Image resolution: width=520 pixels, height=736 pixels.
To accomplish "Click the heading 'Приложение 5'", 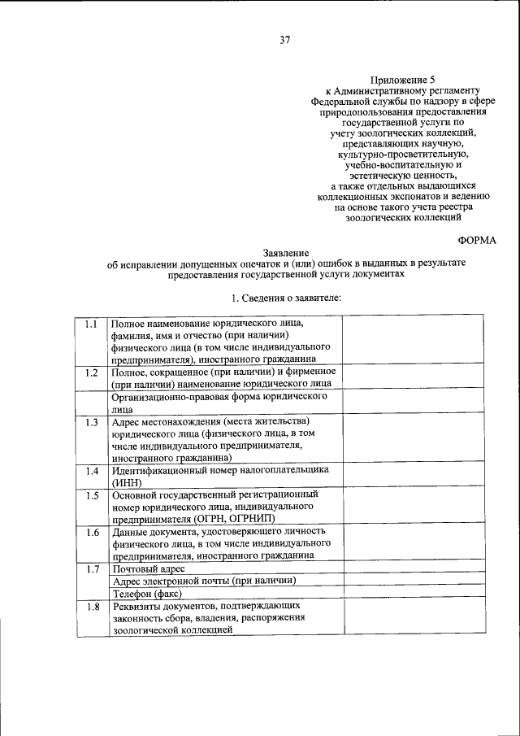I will [x=397, y=79].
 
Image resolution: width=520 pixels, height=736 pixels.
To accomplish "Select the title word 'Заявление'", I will [x=286, y=253].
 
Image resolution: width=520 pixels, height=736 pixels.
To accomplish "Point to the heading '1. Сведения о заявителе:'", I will [x=287, y=299].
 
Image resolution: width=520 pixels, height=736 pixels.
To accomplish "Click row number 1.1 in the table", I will [x=92, y=324].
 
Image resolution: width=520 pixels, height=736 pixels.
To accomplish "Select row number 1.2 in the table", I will [x=92, y=372].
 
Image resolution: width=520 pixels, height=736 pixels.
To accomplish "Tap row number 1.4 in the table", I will [x=92, y=472].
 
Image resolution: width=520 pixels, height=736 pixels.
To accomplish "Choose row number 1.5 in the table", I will [x=92, y=495].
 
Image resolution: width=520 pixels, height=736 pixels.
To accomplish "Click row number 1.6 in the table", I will [x=92, y=533].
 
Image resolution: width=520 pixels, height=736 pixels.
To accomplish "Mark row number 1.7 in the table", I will [x=92, y=568].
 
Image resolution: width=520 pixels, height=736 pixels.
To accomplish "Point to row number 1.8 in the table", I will [x=92, y=607].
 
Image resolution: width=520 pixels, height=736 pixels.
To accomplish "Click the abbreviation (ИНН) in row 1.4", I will [x=129, y=482].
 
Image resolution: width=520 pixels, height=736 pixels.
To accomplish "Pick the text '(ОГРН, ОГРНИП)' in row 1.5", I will [x=228, y=518].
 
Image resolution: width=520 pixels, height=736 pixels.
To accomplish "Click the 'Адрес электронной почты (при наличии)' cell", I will [x=203, y=581].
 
